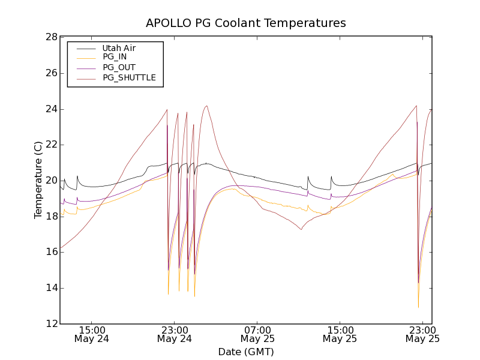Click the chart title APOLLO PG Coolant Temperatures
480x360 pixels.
[246, 23]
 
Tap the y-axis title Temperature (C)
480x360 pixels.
[38, 180]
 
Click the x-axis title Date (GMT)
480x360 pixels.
[246, 352]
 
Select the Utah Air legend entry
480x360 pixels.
[119, 48]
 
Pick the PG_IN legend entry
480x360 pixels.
[115, 57]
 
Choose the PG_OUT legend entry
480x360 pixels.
[119, 67]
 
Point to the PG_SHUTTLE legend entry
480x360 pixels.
[129, 77]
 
